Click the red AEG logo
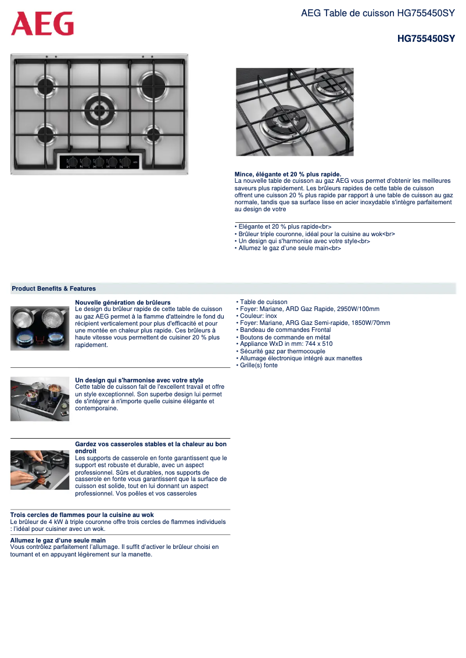42,24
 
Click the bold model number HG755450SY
425,39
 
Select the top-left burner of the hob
46,86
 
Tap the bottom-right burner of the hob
154,133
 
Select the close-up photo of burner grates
295,112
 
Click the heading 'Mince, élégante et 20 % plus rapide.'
288,174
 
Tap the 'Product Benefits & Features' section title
54,288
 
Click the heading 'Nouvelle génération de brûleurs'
123,302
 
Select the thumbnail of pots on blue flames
40,328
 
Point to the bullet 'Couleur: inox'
258,316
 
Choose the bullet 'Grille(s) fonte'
259,366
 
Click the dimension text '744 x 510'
318,344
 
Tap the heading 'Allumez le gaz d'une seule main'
58,540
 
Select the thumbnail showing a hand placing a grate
40,469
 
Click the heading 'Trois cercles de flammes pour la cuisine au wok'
82,515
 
